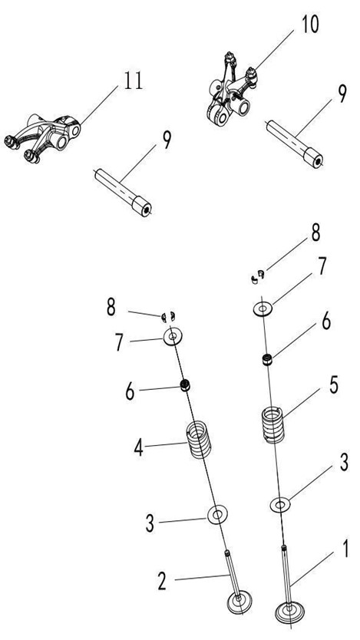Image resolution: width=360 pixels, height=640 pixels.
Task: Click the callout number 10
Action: (x=310, y=25)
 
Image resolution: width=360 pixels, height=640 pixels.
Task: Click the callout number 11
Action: (x=134, y=81)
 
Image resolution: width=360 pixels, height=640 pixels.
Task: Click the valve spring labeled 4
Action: (x=199, y=439)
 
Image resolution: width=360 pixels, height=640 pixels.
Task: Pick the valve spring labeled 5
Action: (x=272, y=425)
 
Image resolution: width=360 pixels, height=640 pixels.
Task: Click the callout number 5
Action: (x=334, y=386)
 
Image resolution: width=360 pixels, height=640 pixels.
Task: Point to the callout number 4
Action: (x=139, y=448)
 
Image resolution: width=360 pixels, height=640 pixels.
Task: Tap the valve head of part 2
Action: (x=239, y=602)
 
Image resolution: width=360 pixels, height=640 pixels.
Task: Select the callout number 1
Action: (x=345, y=549)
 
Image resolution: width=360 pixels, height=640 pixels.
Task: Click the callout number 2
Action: (x=162, y=582)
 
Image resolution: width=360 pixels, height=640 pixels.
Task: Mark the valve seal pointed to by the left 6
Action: (x=186, y=385)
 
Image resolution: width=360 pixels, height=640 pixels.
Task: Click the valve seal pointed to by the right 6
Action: (x=267, y=360)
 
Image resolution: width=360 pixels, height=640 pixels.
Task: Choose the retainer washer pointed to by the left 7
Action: (x=173, y=337)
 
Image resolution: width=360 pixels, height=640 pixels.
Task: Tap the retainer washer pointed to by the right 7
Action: (x=263, y=309)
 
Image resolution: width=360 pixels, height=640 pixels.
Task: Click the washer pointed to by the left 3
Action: (x=217, y=515)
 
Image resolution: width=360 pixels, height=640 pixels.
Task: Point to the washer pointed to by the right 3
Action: (x=280, y=505)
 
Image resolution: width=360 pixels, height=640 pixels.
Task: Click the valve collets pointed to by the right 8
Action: (x=257, y=276)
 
